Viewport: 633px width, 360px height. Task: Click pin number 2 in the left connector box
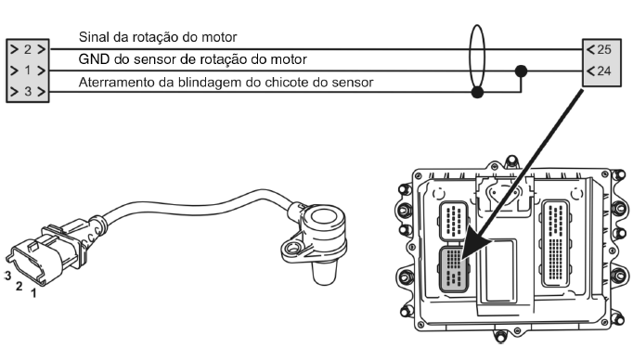pos(28,49)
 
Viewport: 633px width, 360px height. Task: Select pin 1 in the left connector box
pos(28,71)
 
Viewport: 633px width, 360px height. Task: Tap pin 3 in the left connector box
pos(28,91)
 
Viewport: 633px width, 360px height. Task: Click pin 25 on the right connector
pos(604,50)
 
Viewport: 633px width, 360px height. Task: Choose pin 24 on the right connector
pos(604,71)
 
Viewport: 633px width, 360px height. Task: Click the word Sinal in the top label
pos(94,37)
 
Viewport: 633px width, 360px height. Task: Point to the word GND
pos(94,59)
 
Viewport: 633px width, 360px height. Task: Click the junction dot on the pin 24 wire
pos(522,71)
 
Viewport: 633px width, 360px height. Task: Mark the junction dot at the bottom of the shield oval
pos(478,93)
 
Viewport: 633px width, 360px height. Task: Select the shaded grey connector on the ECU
pos(454,269)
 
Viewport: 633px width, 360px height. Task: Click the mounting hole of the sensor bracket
pos(292,248)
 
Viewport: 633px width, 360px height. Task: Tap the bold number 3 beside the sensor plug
pos(7,276)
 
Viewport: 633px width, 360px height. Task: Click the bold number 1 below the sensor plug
pos(34,293)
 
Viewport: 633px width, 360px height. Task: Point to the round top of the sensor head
pos(325,218)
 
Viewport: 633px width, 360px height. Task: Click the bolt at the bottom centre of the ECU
pos(500,336)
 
